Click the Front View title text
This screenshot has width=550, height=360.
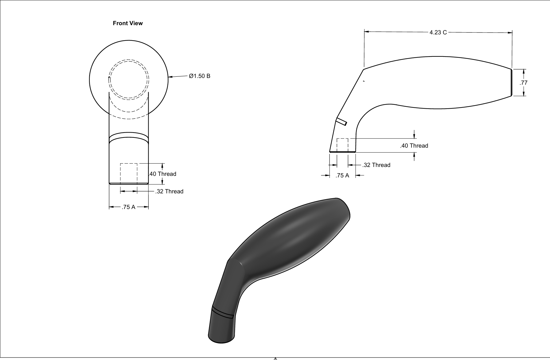pyautogui.click(x=128, y=23)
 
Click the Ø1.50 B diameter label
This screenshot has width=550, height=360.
pyautogui.click(x=200, y=76)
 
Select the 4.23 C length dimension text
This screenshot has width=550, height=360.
pyautogui.click(x=438, y=32)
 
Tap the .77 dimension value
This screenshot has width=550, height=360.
pyautogui.click(x=523, y=83)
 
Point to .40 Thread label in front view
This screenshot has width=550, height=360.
pyautogui.click(x=163, y=174)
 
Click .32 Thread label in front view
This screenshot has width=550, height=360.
pyautogui.click(x=169, y=191)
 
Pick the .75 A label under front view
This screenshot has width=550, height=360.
pyautogui.click(x=128, y=207)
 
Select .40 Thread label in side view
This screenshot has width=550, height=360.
pyautogui.click(x=414, y=145)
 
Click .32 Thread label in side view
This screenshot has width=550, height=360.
pyautogui.click(x=376, y=165)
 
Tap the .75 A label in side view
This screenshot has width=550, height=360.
pyautogui.click(x=342, y=175)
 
